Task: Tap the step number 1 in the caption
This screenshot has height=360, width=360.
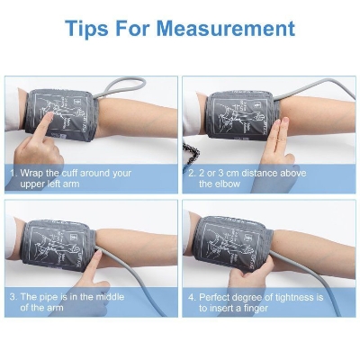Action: pyautogui.click(x=13, y=172)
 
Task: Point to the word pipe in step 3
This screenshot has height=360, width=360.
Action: pyautogui.click(x=49, y=296)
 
